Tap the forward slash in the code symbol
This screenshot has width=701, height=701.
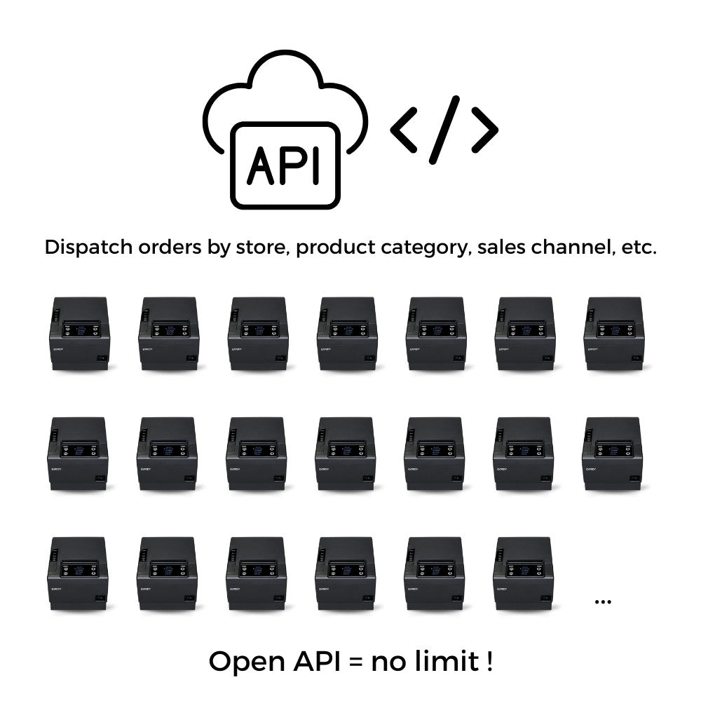tap(444, 130)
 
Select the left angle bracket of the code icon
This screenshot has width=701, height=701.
tap(404, 130)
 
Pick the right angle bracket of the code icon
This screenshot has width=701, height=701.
tap(484, 130)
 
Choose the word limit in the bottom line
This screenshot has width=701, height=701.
tap(442, 661)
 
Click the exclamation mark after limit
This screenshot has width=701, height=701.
tap(488, 661)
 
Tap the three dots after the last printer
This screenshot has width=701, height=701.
tap(602, 601)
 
